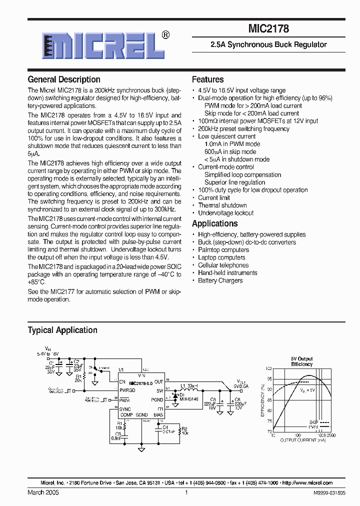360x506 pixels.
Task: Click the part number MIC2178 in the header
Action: [x=268, y=29]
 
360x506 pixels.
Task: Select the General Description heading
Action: [x=64, y=79]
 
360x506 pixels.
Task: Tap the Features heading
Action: [x=208, y=79]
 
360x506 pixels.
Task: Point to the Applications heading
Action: [x=215, y=223]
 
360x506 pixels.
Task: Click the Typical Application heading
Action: [x=62, y=330]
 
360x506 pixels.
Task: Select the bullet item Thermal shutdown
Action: [x=222, y=205]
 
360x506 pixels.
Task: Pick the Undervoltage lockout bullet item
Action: [x=225, y=213]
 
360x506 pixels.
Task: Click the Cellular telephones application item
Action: [x=223, y=265]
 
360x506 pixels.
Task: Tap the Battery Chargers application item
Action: [x=220, y=280]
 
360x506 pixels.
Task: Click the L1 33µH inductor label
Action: [x=189, y=385]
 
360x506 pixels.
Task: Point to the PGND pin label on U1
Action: [x=157, y=400]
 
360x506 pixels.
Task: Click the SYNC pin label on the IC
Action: [x=125, y=409]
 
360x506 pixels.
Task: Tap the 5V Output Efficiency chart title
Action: [x=301, y=361]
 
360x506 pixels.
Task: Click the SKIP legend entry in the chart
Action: [x=313, y=422]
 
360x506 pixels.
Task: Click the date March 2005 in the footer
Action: [x=43, y=492]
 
